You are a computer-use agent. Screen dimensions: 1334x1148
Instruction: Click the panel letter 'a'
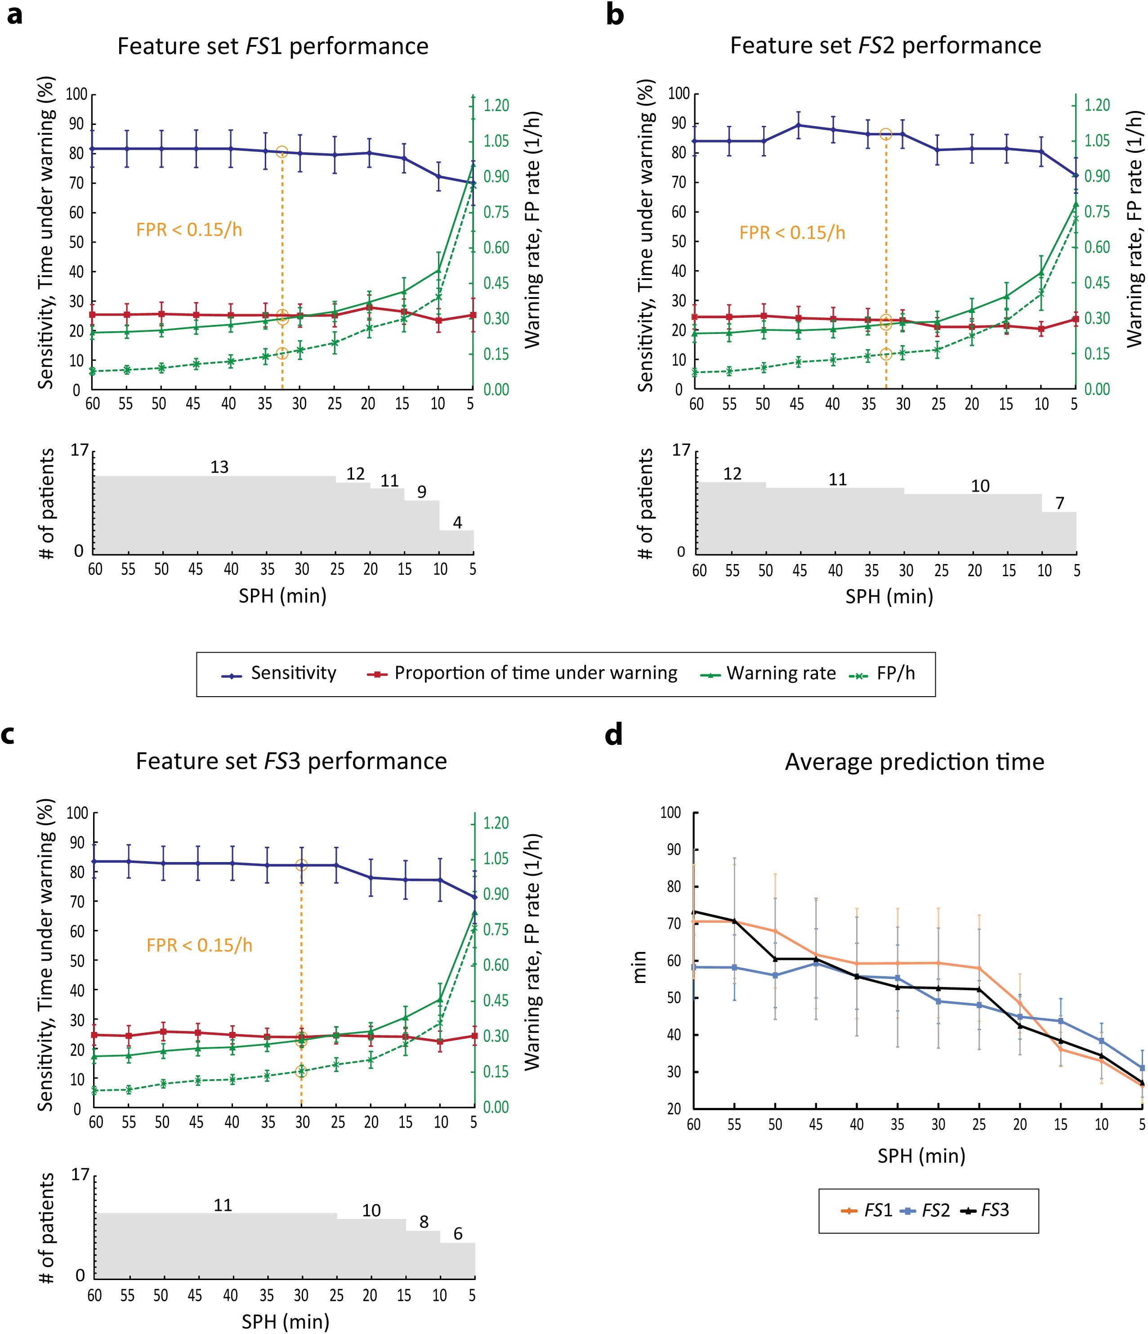coord(14,15)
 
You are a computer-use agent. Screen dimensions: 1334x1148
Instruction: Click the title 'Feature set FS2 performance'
coord(885,46)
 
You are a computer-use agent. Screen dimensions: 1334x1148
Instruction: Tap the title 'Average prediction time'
coord(914,762)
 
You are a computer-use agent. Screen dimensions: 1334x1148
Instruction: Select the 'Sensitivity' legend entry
coord(293,673)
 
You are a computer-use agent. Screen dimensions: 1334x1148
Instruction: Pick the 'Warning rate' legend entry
coord(781,673)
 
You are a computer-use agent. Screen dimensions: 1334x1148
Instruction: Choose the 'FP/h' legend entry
coord(895,673)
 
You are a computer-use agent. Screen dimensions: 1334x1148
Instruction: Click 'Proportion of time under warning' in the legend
coord(536,673)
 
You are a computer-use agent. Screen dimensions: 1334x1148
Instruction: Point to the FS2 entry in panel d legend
coord(935,1210)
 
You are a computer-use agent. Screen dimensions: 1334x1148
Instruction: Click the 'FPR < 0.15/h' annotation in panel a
coord(189,230)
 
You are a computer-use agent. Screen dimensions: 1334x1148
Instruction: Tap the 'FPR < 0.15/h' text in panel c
coord(199,945)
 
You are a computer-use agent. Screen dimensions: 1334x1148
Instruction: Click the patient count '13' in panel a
coord(219,467)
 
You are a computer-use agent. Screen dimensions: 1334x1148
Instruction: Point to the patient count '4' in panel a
coord(457,522)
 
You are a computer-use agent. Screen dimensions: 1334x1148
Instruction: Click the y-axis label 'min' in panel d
coord(640,967)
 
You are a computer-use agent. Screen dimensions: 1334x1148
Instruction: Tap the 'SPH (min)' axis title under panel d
coord(921,1156)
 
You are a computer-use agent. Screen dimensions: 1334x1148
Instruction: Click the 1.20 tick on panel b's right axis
coord(1097,105)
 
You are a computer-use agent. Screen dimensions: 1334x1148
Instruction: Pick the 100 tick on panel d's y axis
coord(670,813)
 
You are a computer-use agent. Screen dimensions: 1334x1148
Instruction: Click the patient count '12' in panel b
coord(732,474)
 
